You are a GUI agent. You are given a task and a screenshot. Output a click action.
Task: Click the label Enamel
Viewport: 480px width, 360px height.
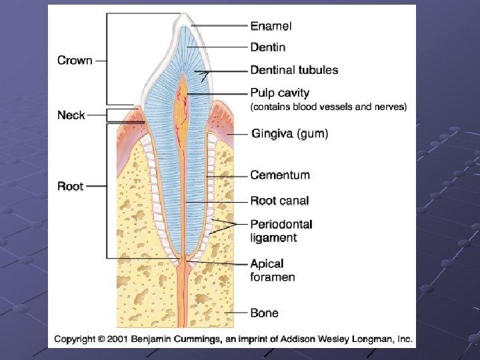point(271,27)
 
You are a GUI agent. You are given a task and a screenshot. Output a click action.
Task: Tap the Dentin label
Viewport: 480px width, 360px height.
point(268,47)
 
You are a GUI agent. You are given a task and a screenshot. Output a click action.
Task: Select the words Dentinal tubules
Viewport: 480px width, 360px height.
point(294,70)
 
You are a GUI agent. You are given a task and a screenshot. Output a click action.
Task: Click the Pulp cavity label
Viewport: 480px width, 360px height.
point(280,93)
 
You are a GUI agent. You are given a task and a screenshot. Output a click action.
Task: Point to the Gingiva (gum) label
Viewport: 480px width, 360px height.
point(289,134)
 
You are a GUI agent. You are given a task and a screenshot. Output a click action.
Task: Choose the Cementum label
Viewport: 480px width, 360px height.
point(280,175)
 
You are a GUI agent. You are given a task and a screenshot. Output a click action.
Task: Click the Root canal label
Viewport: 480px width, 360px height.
point(279,201)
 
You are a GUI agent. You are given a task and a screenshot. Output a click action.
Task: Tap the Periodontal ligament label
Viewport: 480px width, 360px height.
point(281,231)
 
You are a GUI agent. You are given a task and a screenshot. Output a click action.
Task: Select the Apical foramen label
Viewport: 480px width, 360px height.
point(272,270)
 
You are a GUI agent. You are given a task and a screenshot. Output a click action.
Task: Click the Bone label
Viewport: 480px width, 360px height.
point(264,313)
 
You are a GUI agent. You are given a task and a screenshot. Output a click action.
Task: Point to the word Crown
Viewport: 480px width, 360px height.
point(75,61)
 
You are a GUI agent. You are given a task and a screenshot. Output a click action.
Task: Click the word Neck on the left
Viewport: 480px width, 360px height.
point(71,115)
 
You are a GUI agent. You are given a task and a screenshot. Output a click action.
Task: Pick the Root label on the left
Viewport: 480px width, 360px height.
point(70,186)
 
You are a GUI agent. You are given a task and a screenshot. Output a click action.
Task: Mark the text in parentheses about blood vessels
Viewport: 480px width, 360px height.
point(328,107)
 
